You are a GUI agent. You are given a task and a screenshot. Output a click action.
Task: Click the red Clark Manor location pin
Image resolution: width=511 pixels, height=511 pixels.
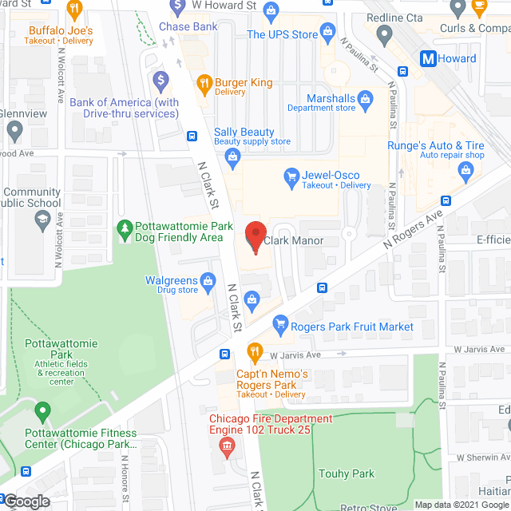255,236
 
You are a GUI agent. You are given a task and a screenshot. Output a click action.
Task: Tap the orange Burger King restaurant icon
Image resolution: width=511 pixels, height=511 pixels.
204,82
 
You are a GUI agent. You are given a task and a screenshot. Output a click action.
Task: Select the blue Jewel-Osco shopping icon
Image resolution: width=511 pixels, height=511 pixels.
291,176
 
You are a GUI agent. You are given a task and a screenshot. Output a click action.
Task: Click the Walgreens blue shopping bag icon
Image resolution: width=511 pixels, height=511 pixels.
208,281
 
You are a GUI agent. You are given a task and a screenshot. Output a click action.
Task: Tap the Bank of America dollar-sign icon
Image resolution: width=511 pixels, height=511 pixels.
160,79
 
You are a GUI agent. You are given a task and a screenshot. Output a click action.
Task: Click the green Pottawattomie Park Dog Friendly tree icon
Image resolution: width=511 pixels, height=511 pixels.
125,229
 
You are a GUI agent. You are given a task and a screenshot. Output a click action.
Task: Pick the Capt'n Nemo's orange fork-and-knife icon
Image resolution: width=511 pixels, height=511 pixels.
255,350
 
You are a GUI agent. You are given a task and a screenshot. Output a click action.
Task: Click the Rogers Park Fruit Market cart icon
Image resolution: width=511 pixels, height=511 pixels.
279,324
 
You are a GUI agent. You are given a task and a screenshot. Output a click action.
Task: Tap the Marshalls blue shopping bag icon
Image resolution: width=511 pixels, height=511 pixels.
365,98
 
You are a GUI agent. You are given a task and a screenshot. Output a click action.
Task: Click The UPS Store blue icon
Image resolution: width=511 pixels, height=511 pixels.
327,33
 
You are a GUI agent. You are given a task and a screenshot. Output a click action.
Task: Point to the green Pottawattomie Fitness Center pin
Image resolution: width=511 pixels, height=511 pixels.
43,412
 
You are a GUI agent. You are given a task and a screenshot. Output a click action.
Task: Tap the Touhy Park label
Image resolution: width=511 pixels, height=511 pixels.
347,473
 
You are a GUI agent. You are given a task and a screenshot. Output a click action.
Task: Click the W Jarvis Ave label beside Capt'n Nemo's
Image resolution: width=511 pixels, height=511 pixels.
295,355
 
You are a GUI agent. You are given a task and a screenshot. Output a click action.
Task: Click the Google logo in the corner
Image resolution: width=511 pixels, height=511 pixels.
26,501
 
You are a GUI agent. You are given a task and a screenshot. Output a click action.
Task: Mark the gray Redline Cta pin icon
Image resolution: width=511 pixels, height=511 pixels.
384,34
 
